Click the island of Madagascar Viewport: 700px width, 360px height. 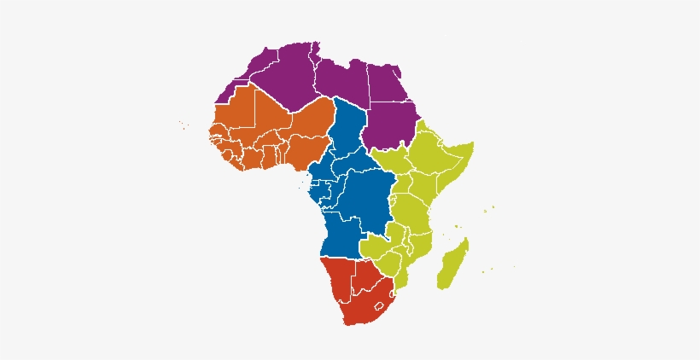pyautogui.click(x=452, y=264)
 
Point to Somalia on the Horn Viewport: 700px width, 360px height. pyautogui.click(x=452, y=171)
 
